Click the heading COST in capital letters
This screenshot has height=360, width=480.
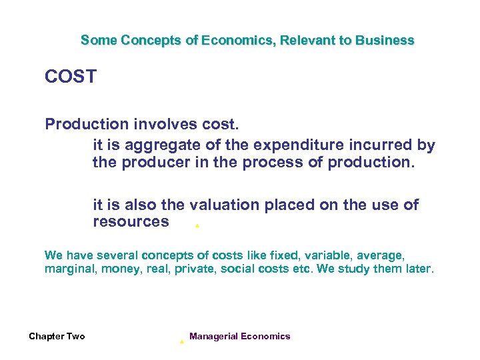click(x=71, y=77)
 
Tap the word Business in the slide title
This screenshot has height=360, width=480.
click(x=385, y=40)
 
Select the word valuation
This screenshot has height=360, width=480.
click(x=225, y=205)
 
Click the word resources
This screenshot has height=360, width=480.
click(x=131, y=222)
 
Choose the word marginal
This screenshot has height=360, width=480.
click(x=70, y=269)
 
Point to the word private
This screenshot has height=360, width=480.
click(x=194, y=269)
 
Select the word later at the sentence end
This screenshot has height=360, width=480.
click(x=419, y=269)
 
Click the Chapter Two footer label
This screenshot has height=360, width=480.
click(x=57, y=337)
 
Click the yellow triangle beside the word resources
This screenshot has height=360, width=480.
click(x=197, y=227)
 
